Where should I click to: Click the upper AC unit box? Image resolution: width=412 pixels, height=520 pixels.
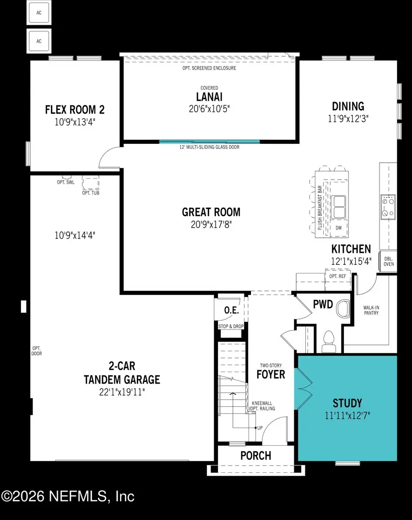pos(39,13)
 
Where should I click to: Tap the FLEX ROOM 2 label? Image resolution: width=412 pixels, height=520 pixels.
pos(75,109)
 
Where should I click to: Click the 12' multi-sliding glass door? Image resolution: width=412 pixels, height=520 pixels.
pos(209,142)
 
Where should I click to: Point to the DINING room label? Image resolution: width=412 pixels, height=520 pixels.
pos(348,106)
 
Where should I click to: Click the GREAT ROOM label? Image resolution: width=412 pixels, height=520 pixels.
pos(211,212)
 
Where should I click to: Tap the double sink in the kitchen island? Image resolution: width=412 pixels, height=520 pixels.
pos(339,207)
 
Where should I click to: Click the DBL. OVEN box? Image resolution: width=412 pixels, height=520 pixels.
pos(388,261)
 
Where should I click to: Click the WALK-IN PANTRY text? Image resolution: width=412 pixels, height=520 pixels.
pos(371,311)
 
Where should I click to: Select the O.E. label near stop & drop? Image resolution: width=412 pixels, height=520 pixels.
pos(231,310)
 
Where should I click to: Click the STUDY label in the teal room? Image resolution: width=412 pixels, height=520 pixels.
pos(347,404)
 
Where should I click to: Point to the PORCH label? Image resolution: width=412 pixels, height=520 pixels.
pos(255,455)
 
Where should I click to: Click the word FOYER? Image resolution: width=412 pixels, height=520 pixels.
pos(270,374)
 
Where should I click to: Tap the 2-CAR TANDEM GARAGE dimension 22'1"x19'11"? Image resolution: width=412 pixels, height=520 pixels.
pos(122,392)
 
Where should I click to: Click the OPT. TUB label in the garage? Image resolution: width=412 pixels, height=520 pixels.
pos(91,193)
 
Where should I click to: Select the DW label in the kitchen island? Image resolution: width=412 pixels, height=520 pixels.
pos(339,227)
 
